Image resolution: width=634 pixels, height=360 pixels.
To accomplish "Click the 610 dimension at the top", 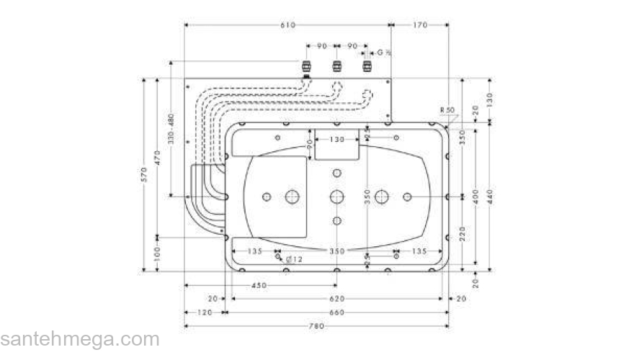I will coord(287,25).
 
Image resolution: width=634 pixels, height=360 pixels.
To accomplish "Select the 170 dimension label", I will coord(420,25).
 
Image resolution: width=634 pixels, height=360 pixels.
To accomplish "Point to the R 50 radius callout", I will coord(448,109).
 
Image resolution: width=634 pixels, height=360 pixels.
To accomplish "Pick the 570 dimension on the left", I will coord(144,174).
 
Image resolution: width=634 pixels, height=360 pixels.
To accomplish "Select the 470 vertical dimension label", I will coord(157,156).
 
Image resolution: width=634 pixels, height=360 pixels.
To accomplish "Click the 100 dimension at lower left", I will coord(157,253).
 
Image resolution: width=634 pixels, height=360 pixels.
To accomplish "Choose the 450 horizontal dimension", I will coord(259,286).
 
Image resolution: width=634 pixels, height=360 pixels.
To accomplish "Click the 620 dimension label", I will coord(336,298).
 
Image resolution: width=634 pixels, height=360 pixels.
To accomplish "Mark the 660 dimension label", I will coord(336,312).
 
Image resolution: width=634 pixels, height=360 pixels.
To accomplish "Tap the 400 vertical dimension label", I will coord(476,196).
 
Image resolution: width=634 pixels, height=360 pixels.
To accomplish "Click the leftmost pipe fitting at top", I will coord(306,68).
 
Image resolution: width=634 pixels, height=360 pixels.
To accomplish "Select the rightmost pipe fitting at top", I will coord(367,68).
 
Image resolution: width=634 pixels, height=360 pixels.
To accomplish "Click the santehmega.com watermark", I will coord(79,339).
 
